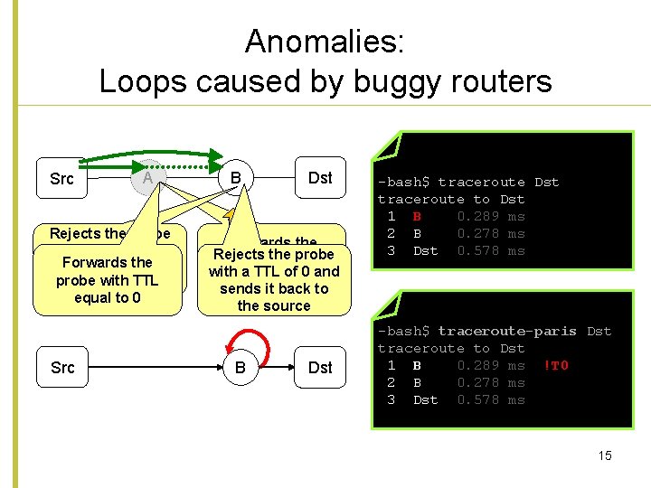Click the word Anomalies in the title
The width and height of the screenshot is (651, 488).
(x=325, y=41)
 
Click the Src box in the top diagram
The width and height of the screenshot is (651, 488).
(x=62, y=179)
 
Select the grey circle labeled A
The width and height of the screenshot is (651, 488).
(x=147, y=178)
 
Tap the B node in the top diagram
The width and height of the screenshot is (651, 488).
(x=235, y=177)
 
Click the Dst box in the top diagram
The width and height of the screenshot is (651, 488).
(x=320, y=177)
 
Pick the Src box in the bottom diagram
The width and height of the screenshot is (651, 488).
(x=62, y=368)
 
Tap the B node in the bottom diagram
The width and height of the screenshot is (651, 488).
(x=240, y=368)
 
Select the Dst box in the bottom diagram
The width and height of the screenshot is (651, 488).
(x=320, y=368)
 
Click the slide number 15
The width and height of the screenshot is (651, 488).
(x=605, y=455)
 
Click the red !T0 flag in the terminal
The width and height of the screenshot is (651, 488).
(x=557, y=366)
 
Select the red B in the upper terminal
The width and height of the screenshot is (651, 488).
(x=417, y=217)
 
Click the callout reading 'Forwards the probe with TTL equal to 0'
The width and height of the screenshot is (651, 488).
(x=107, y=279)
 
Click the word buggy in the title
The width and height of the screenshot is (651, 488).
(x=396, y=81)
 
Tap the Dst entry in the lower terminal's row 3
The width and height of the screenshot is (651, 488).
(x=425, y=400)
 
